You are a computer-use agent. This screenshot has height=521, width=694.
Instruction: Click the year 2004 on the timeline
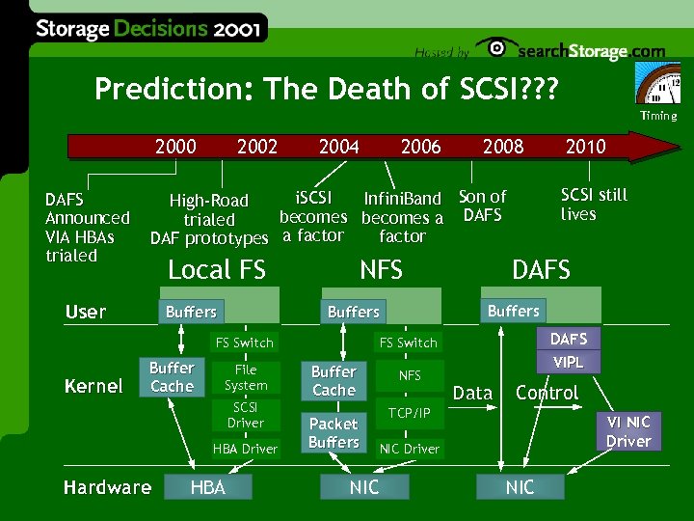point(338,147)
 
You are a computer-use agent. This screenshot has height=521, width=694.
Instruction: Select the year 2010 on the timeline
point(585,147)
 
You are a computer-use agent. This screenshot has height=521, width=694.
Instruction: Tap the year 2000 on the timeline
point(175,147)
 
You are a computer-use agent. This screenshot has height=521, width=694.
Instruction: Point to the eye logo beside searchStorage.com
point(495,48)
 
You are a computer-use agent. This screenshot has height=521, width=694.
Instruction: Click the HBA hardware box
point(208,487)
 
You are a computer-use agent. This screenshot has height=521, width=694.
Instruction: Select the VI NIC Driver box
point(628,431)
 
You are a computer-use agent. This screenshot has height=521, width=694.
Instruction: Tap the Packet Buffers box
point(334,432)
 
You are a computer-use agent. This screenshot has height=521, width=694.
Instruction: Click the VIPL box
point(568,362)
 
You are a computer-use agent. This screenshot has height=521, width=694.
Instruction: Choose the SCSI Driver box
point(245,415)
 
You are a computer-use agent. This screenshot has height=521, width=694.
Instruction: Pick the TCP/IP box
point(409,413)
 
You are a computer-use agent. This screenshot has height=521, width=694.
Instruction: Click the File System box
point(245,377)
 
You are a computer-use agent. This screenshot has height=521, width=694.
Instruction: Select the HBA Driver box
point(245,449)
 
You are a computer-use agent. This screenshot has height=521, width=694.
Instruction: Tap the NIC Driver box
point(409,449)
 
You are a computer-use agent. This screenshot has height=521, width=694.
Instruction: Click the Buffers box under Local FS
point(191,312)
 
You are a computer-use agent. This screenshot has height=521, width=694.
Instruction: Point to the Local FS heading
point(217,270)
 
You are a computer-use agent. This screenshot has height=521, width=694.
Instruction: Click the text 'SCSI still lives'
point(594,205)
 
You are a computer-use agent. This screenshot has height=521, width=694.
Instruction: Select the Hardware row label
point(107,487)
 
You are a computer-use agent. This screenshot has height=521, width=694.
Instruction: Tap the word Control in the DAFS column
point(547,393)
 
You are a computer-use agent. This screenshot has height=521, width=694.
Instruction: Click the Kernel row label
point(93,386)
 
